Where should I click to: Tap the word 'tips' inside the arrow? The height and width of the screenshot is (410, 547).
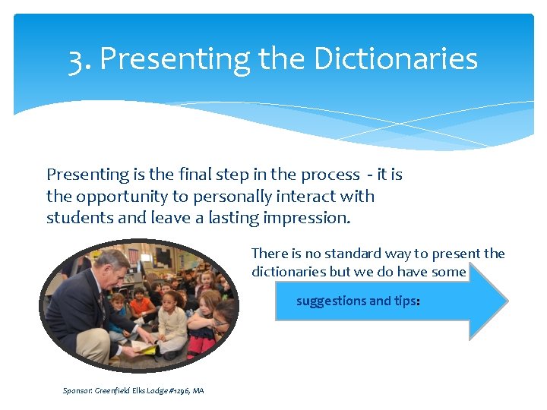tap(404, 301)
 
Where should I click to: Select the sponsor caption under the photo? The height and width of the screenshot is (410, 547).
tap(133, 390)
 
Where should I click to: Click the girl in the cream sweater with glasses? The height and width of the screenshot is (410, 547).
tap(173, 319)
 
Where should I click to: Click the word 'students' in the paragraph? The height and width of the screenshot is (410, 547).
tap(77, 218)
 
